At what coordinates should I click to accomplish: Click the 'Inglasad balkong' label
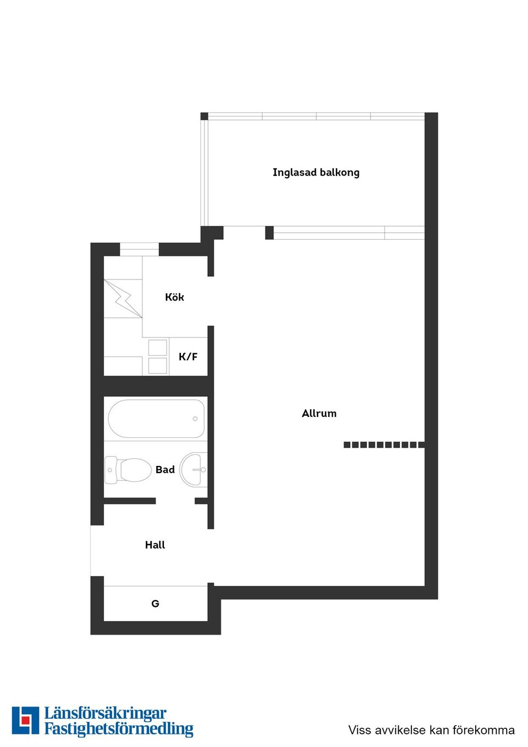tap(316, 172)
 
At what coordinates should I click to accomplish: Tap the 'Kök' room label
tap(174, 297)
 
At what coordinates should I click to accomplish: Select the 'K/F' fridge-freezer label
tap(188, 356)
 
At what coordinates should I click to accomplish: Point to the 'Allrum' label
tap(319, 413)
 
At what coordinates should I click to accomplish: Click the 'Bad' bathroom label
tap(165, 469)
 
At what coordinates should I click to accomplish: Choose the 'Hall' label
tap(155, 545)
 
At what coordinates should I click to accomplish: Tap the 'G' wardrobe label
tap(155, 603)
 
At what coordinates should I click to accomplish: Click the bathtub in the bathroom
tap(156, 419)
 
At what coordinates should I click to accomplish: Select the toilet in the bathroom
tap(129, 470)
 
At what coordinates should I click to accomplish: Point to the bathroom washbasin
tap(194, 469)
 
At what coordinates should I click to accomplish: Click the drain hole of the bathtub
tap(195, 419)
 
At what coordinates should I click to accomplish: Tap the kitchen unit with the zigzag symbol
tap(123, 298)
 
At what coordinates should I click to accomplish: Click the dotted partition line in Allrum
tap(384, 444)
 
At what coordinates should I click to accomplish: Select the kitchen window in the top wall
tap(139, 250)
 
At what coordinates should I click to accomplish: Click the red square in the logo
tap(25, 720)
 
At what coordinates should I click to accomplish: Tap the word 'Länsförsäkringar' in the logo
tap(105, 713)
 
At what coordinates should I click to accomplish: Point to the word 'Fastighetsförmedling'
tap(119, 729)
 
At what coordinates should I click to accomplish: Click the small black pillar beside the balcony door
tap(269, 233)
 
